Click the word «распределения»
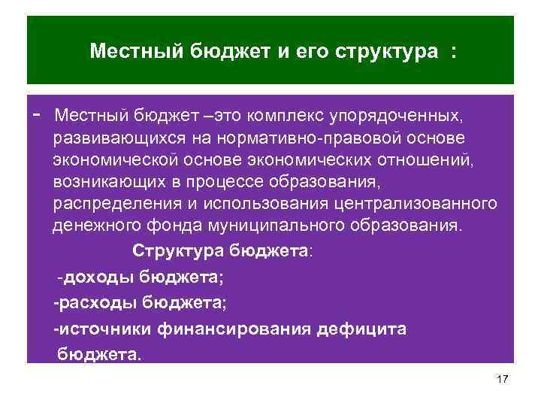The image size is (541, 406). [111, 205]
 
